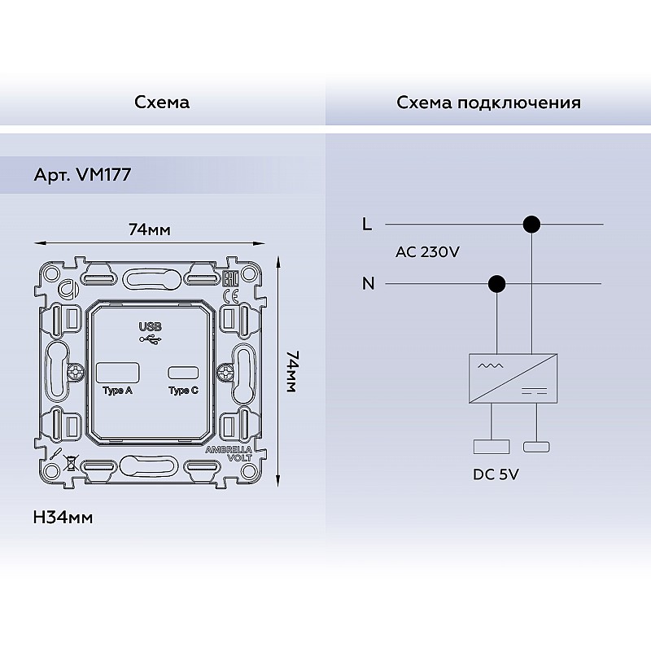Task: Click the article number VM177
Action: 104,174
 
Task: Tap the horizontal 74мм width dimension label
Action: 150,229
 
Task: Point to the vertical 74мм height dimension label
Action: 291,372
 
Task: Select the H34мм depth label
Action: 63,518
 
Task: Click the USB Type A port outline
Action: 117,373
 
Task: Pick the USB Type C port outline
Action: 183,373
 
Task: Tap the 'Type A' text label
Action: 117,391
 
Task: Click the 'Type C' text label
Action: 184,391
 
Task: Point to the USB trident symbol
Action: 151,339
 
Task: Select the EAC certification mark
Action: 231,278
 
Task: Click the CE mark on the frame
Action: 231,297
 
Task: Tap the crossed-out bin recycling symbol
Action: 72,462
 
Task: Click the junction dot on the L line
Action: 531,225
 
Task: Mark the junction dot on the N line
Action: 496,284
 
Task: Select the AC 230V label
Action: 428,252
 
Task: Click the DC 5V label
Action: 496,474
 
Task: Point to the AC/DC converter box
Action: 513,378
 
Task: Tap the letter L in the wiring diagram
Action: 367,225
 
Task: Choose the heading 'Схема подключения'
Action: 489,103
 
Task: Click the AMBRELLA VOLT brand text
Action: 229,454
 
